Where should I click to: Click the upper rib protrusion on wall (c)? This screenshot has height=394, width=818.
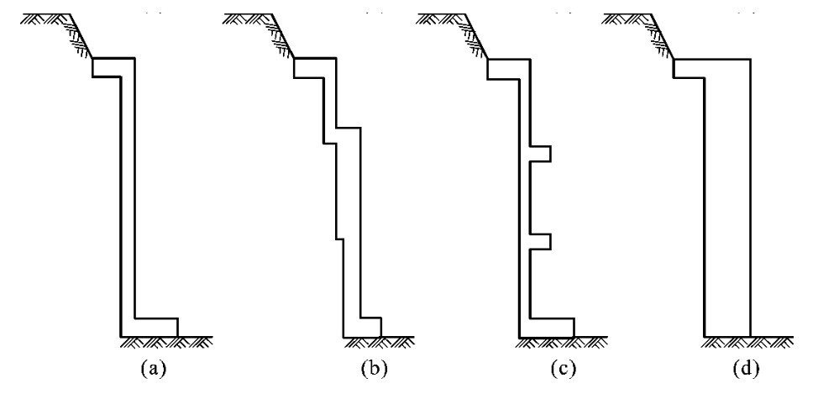(x=540, y=154)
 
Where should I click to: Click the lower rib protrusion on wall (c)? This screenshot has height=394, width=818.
(x=540, y=242)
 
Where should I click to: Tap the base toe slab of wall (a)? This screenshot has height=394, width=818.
(x=156, y=327)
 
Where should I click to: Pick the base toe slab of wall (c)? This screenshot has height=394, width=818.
(x=553, y=327)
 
